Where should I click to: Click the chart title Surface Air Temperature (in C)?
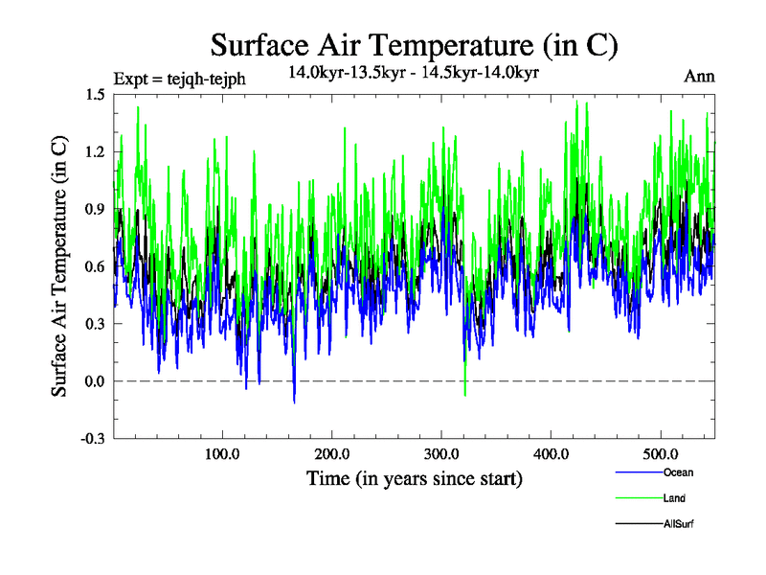pyautogui.click(x=414, y=45)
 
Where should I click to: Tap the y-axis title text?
pyautogui.click(x=59, y=266)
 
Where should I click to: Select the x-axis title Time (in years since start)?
pyautogui.click(x=414, y=478)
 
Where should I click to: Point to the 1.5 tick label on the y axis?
pyautogui.click(x=94, y=94)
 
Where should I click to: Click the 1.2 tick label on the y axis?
pyautogui.click(x=94, y=151)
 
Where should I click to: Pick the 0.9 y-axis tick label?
pyautogui.click(x=94, y=209)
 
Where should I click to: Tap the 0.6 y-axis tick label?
pyautogui.click(x=94, y=266)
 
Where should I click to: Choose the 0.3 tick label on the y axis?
pyautogui.click(x=94, y=324)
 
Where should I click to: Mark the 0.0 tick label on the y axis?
pyautogui.click(x=94, y=381)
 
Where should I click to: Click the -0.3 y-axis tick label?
pyautogui.click(x=92, y=439)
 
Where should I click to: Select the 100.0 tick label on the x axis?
pyautogui.click(x=222, y=452)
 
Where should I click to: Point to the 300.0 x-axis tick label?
pyautogui.click(x=441, y=452)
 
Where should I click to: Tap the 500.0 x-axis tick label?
pyautogui.click(x=661, y=452)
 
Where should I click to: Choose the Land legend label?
pyautogui.click(x=675, y=498)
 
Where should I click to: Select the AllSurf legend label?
pyautogui.click(x=678, y=524)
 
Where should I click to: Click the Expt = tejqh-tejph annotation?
pyautogui.click(x=179, y=79)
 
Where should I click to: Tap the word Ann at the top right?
pyautogui.click(x=699, y=77)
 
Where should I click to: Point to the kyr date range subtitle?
pyautogui.click(x=413, y=71)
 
